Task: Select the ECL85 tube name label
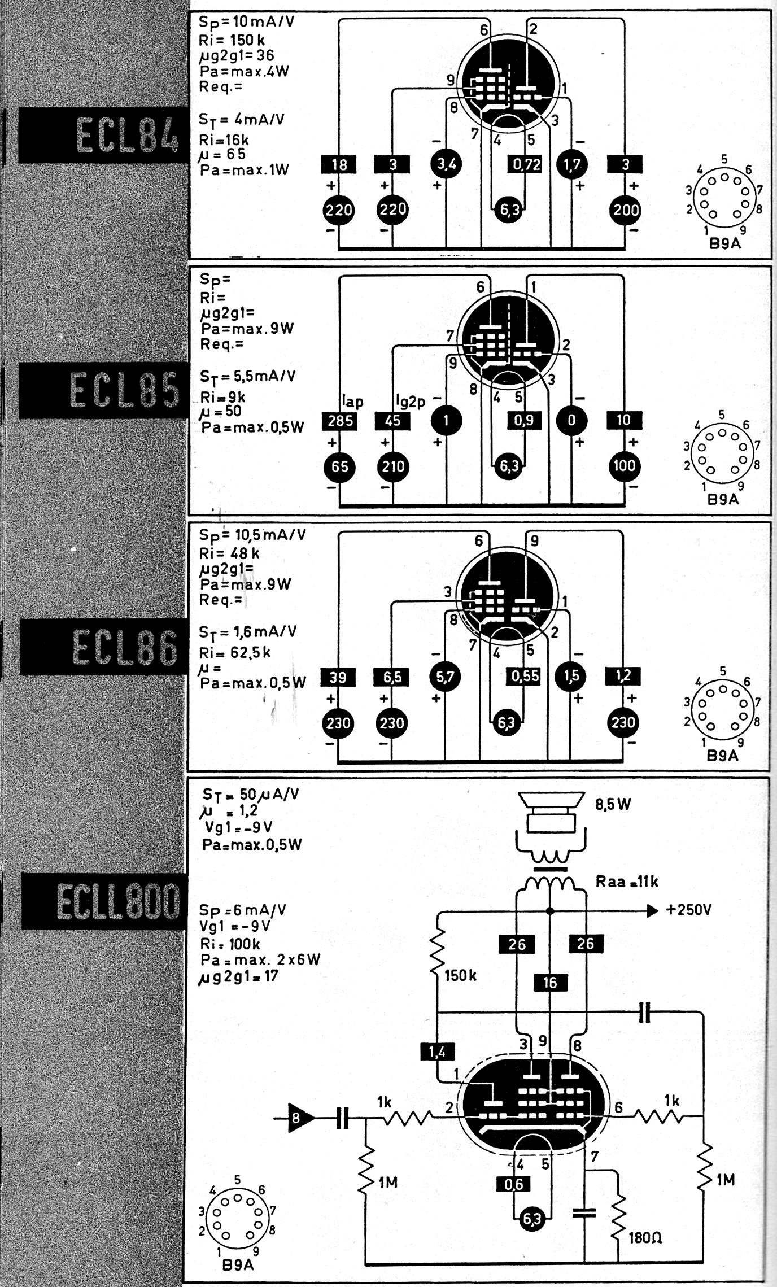124,391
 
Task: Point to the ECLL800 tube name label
117,901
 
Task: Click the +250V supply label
688,910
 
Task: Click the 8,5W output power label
613,804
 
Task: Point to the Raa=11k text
627,882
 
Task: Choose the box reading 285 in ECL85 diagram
340,421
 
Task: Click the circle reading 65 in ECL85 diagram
339,467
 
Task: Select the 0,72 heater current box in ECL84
526,164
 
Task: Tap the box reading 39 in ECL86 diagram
338,677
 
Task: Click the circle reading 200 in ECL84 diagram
625,210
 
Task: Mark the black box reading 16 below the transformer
550,983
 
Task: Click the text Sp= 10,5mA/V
252,535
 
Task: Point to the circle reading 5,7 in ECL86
446,677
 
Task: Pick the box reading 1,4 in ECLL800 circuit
437,1052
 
